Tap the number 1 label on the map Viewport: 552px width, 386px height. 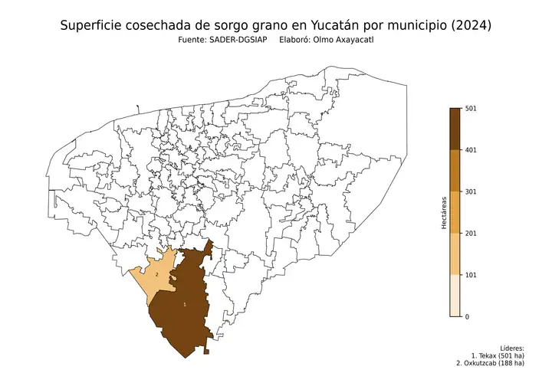(x=184, y=305)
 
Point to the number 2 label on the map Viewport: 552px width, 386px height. (x=157, y=274)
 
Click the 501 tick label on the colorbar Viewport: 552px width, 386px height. (x=472, y=109)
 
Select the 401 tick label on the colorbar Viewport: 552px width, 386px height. (x=472, y=150)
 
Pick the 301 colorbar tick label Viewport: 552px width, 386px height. (x=472, y=191)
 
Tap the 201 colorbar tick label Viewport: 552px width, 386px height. (x=472, y=233)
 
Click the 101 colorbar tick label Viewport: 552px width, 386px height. (x=472, y=274)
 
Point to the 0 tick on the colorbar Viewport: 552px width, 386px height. (x=468, y=316)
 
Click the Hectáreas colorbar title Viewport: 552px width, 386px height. (x=443, y=212)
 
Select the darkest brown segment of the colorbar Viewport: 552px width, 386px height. (x=455, y=129)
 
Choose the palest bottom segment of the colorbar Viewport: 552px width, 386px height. (x=455, y=295)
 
